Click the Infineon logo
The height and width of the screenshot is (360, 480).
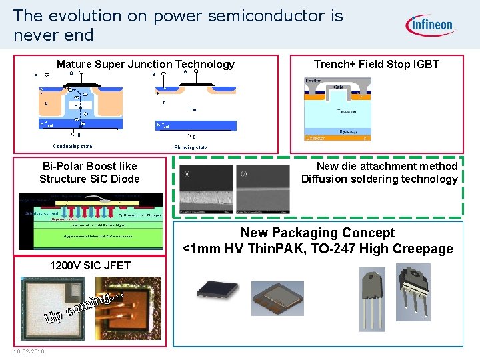(x=429, y=25)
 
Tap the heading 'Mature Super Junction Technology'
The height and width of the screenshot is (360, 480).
(x=145, y=65)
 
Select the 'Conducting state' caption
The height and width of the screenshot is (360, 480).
(x=73, y=147)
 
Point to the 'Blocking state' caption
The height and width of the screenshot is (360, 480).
(x=191, y=147)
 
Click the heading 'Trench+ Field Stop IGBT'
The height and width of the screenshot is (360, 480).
(x=377, y=65)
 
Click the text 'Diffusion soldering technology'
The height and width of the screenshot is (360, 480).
(x=379, y=179)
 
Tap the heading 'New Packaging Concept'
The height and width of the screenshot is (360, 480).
(x=317, y=233)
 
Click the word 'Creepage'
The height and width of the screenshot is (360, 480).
(x=423, y=249)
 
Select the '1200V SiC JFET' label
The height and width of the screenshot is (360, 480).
(x=90, y=265)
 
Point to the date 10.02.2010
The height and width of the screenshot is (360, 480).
(x=28, y=351)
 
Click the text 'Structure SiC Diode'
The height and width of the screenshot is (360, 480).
(x=89, y=179)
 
